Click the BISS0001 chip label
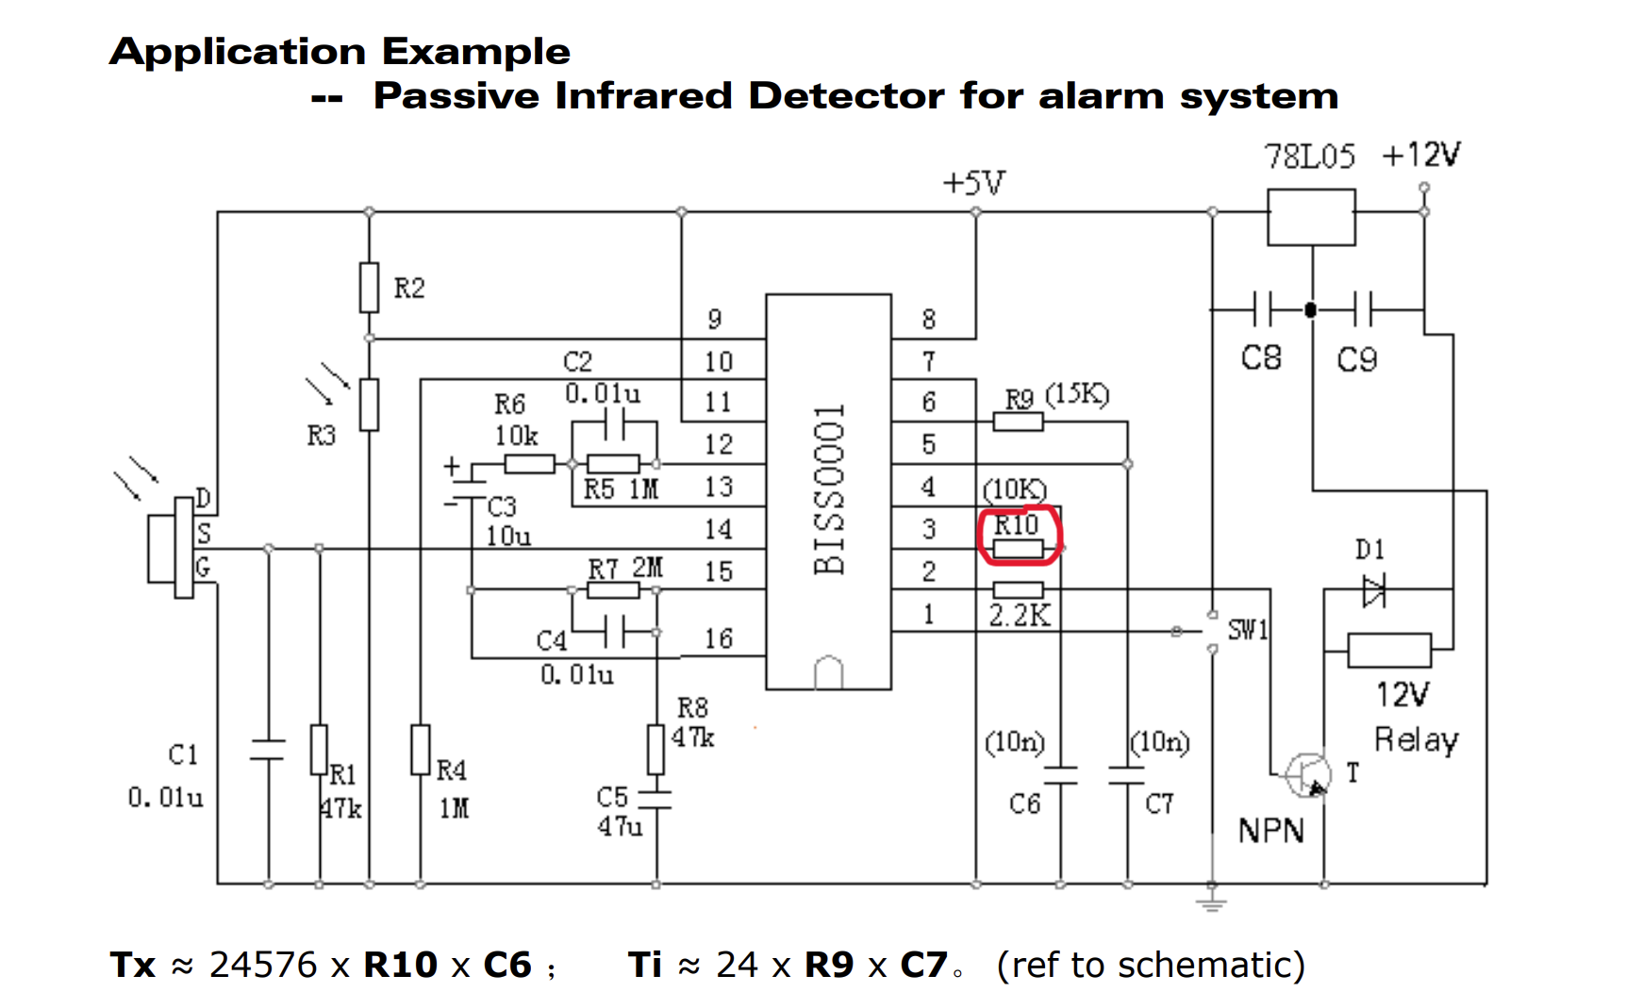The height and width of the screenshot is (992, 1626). [829, 490]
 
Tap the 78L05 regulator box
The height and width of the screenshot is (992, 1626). [1311, 217]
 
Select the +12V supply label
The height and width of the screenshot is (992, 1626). [1420, 155]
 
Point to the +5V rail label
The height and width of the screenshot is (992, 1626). [974, 182]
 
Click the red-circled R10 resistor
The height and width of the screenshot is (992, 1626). [1019, 548]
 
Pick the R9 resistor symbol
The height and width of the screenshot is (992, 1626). [1019, 422]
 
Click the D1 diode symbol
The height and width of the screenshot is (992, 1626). [1374, 592]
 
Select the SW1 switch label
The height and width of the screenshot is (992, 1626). [1248, 629]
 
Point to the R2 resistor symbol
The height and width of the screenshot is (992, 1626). [370, 288]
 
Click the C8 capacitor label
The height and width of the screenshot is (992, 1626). [1261, 358]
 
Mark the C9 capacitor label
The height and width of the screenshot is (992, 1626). [1357, 359]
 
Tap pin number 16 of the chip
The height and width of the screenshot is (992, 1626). [719, 639]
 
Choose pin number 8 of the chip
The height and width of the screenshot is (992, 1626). [929, 320]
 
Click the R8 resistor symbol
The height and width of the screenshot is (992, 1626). [656, 750]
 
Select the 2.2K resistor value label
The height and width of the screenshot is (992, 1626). [1019, 616]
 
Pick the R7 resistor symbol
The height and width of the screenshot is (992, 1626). [613, 590]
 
